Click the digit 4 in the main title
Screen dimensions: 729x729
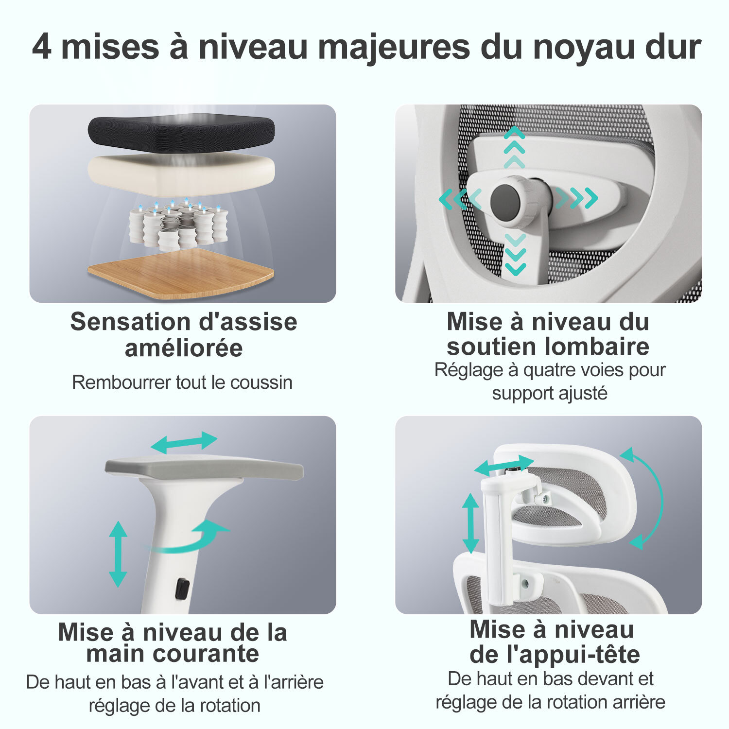click(41, 47)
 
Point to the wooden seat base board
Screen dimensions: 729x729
click(180, 273)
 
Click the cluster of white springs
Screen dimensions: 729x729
click(178, 224)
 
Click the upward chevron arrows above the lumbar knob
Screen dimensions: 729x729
click(514, 147)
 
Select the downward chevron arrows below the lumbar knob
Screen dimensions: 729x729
click(515, 254)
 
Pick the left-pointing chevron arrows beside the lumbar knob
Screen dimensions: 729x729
click(460, 199)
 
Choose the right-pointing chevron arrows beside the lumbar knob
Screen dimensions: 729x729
click(577, 198)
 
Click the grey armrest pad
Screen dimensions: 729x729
click(204, 469)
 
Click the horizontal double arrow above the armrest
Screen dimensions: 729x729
click(184, 442)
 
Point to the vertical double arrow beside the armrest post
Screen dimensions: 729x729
click(118, 554)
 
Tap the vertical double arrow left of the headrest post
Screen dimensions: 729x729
click(470, 523)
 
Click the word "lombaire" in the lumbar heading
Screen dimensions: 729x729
click(597, 347)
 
